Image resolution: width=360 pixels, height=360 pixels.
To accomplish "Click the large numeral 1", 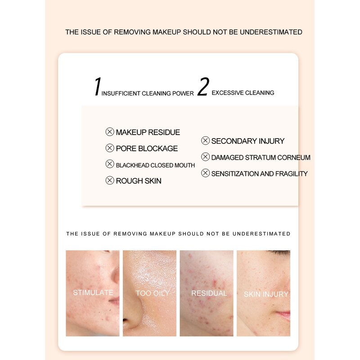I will coord(97,87).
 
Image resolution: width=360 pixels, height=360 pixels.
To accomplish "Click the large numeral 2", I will coord(203,87).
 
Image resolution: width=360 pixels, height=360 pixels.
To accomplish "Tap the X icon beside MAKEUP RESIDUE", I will coord(109,132).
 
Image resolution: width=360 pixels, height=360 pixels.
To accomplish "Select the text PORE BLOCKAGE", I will coord(147,148).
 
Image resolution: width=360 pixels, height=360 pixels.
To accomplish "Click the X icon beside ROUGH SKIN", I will coord(109,180).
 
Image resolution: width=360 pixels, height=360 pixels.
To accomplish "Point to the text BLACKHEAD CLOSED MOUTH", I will coord(155,165).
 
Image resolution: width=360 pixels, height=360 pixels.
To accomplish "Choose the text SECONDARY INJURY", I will coord(247,141).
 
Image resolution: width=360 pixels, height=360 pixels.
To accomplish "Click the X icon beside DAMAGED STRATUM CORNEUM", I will coord(205,157).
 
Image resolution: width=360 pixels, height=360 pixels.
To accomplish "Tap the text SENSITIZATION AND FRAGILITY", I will coord(259,174).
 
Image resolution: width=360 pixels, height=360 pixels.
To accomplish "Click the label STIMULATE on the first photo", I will coord(93,292).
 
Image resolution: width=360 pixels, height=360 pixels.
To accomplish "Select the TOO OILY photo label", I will coord(153,293).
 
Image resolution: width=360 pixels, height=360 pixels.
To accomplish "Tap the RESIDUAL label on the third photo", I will coord(209,293).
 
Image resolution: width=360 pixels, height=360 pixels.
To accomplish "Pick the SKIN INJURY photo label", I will coord(266,294).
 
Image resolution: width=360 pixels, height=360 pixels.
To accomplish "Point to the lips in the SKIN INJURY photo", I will coord(283,315).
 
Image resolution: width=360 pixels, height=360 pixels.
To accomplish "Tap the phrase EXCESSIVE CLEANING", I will coord(243,93).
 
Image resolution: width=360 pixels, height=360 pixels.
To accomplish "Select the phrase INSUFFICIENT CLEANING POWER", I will coord(147,94).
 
